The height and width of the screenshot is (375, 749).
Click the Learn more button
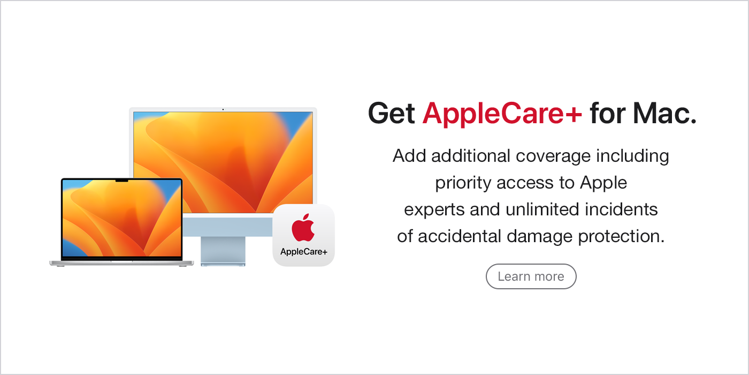click(531, 276)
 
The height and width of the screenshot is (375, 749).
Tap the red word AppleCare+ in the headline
click(502, 114)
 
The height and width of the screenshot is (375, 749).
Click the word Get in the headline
click(391, 114)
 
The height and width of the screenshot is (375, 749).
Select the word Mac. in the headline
click(664, 114)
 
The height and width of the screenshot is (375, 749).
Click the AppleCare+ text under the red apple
click(304, 251)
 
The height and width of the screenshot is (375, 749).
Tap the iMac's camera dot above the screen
click(223, 109)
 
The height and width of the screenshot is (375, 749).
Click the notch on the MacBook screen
click(122, 181)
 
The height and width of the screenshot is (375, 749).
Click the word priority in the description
click(463, 183)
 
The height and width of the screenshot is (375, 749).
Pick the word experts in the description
click(434, 210)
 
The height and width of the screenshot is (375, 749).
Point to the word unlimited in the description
click(542, 209)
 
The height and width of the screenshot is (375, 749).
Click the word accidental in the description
click(460, 236)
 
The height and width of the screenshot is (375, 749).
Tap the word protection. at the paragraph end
click(621, 237)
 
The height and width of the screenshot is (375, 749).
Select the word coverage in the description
click(553, 156)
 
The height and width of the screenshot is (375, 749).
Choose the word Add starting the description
click(409, 156)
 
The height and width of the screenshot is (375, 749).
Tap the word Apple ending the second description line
click(603, 183)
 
